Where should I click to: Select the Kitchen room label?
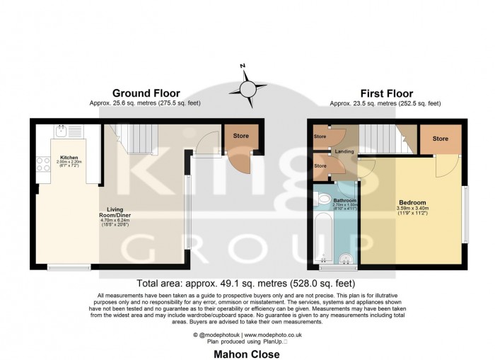69,157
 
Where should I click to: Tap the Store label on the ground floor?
241,136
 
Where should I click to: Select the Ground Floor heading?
146,93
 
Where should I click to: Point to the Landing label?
344,151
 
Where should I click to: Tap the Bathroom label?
344,200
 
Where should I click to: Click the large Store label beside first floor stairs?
440,139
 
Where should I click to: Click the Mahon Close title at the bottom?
248,354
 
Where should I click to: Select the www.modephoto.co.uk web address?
274,334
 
